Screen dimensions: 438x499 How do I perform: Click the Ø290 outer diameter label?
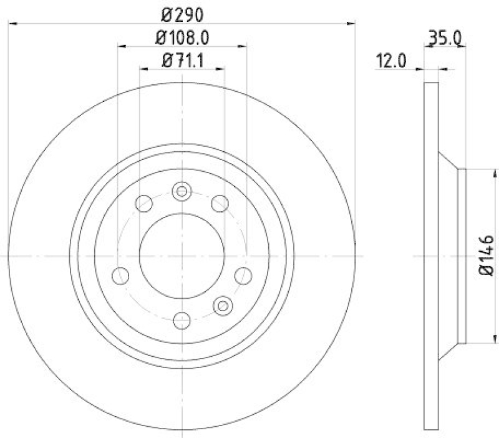click(x=182, y=12)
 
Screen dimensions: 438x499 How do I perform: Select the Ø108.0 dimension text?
click(x=182, y=37)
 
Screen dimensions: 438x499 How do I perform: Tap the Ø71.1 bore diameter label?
click(x=182, y=61)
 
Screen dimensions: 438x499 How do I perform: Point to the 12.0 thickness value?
click(x=391, y=61)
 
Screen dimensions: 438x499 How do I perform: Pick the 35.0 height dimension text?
click(x=443, y=39)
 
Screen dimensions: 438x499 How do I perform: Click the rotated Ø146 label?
click(x=487, y=256)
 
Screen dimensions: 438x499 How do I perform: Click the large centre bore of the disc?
click(x=182, y=256)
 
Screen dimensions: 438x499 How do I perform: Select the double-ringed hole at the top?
click(x=182, y=191)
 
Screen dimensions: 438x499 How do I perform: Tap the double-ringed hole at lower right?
click(x=223, y=305)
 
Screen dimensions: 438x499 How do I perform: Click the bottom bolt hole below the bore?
click(x=182, y=321)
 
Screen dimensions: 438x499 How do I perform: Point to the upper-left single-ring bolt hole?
click(x=144, y=203)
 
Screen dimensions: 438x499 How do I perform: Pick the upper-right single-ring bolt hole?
click(x=220, y=203)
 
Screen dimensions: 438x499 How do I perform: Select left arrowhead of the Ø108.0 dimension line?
click(x=122, y=46)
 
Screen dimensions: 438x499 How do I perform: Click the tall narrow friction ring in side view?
click(x=431, y=256)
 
